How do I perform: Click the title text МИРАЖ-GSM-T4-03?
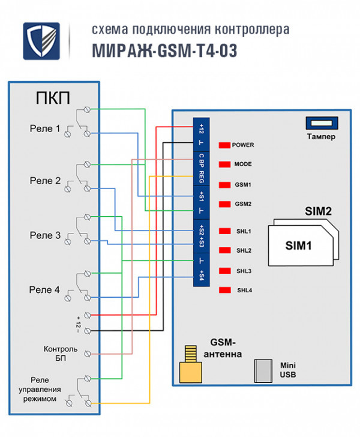click(x=164, y=52)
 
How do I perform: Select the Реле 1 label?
click(x=45, y=128)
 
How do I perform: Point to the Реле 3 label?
click(x=45, y=235)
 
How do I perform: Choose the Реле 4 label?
click(x=45, y=289)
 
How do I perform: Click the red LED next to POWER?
click(x=225, y=145)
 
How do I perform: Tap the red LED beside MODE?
click(x=225, y=164)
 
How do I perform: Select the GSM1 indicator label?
click(x=244, y=184)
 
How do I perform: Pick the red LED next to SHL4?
click(x=225, y=291)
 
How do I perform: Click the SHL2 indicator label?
click(x=244, y=250)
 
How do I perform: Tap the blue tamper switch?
click(x=323, y=122)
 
